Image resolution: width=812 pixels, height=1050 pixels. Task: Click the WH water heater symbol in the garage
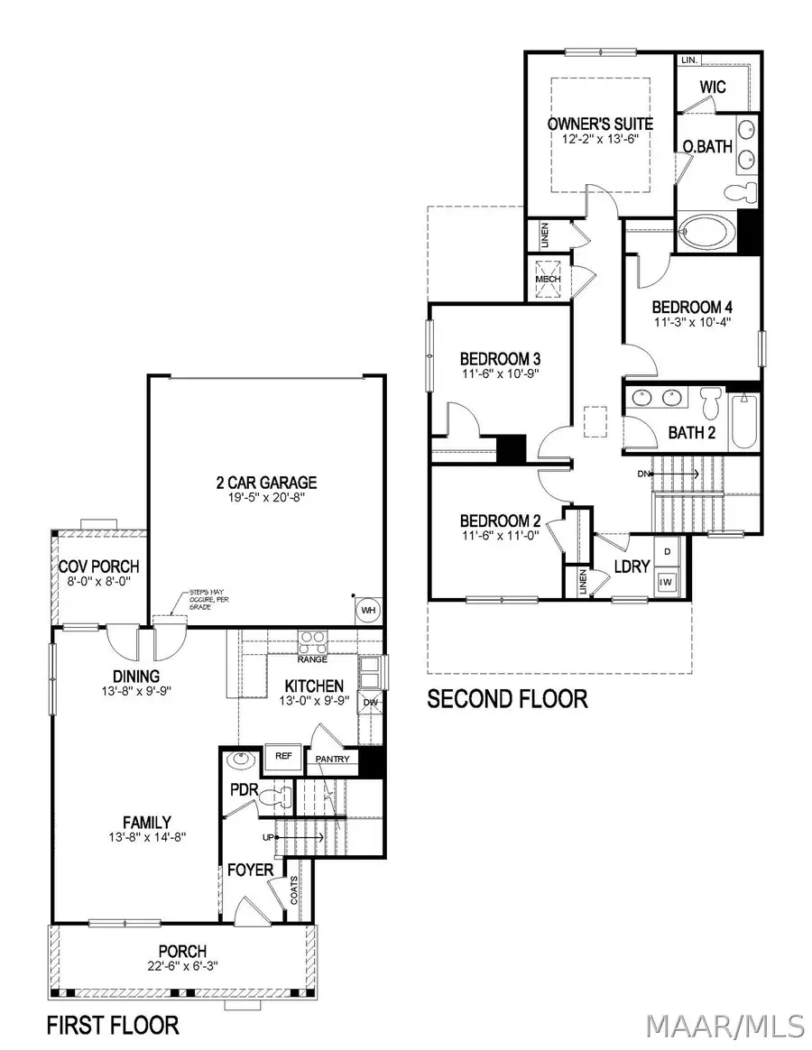pyautogui.click(x=367, y=610)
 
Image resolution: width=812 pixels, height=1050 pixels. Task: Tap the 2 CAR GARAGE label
pyautogui.click(x=265, y=483)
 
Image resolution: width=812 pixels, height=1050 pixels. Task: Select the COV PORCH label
pyautogui.click(x=99, y=566)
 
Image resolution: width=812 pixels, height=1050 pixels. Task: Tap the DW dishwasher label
pyautogui.click(x=370, y=702)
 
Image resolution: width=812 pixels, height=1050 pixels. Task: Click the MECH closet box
pyautogui.click(x=548, y=274)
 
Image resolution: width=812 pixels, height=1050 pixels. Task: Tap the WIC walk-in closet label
pyautogui.click(x=719, y=87)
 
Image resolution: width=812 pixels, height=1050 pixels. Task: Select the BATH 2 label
pyautogui.click(x=691, y=433)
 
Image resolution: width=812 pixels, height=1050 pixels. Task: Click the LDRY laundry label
pyautogui.click(x=632, y=566)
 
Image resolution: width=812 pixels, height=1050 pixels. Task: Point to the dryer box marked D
pyautogui.click(x=668, y=550)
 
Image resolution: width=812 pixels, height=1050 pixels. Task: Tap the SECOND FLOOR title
pyautogui.click(x=506, y=699)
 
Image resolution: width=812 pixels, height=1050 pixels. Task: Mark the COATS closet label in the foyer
pyautogui.click(x=295, y=890)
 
